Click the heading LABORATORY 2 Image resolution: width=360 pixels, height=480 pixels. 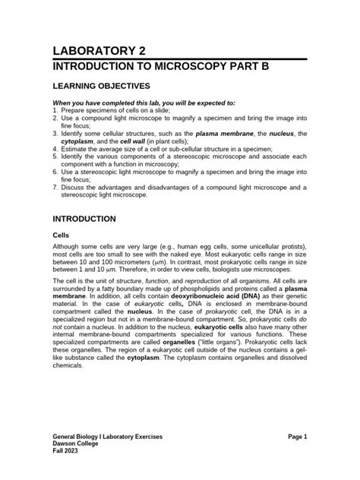(x=98, y=51)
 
